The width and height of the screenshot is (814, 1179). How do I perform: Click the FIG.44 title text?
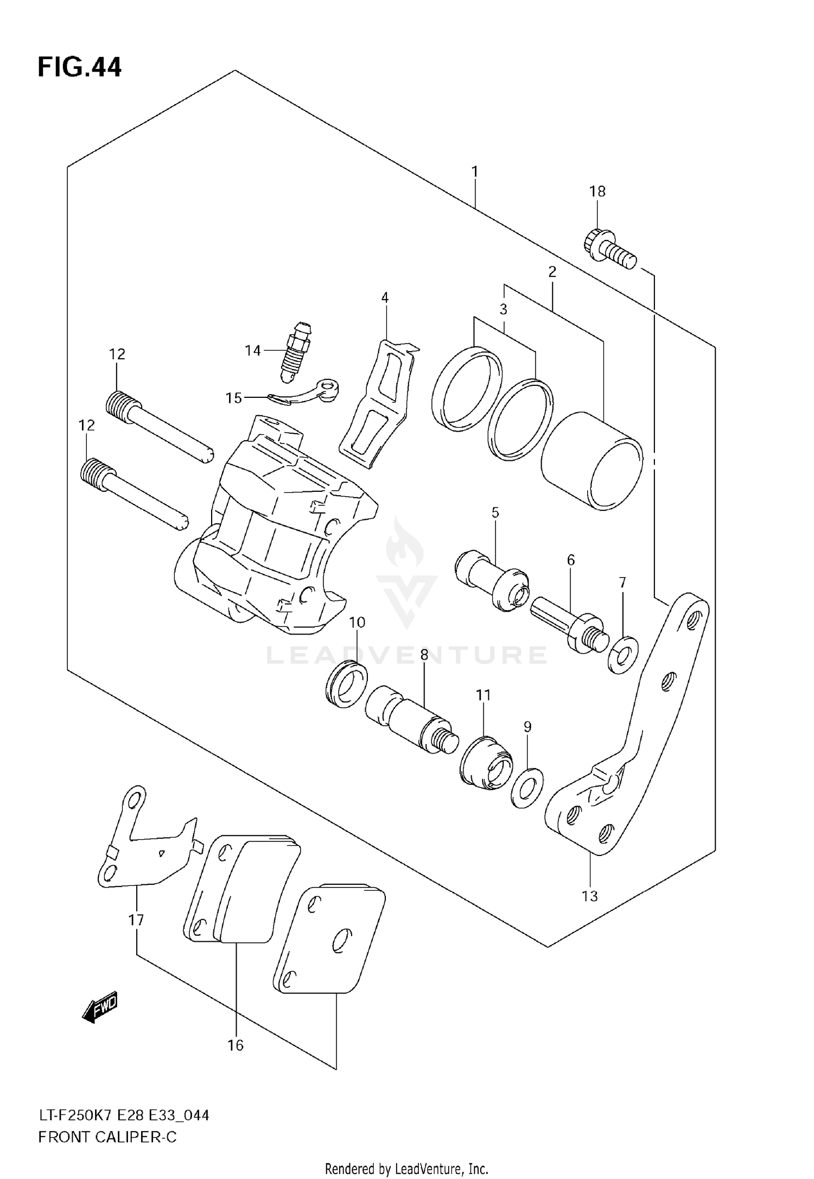(80, 68)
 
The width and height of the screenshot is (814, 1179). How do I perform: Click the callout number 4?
(385, 297)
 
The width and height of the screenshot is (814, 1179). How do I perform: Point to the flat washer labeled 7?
(623, 655)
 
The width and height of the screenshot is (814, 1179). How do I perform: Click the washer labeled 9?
(527, 788)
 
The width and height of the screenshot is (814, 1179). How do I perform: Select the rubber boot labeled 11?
(487, 763)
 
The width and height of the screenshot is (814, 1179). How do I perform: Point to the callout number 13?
(589, 896)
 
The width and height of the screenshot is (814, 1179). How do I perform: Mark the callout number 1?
(475, 172)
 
